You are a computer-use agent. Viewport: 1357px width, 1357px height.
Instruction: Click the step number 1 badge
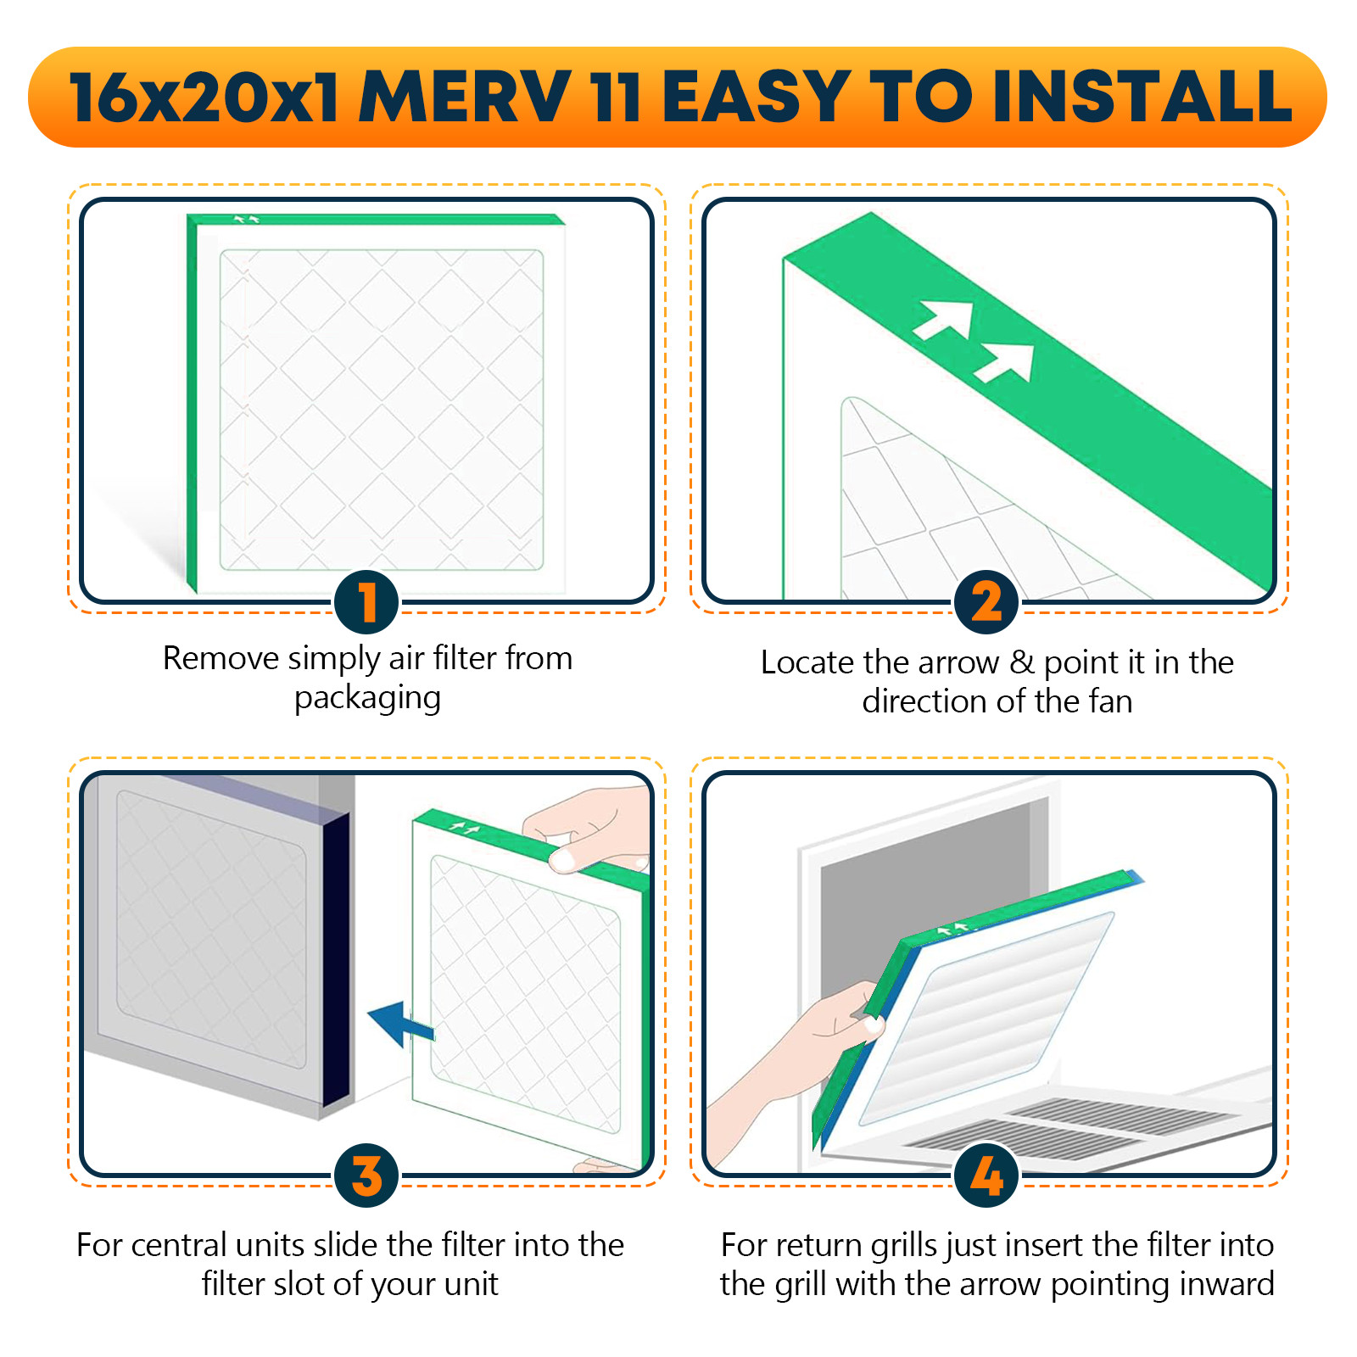point(366,602)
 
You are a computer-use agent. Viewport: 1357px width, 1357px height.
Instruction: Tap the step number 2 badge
point(986,602)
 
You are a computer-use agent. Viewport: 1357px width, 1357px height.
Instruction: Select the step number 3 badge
point(366,1176)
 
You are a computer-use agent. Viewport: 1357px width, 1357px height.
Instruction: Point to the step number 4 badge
point(986,1176)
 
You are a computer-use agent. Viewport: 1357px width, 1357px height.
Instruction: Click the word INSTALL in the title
point(1142,98)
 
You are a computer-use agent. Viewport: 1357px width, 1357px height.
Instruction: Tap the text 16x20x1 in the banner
point(204,98)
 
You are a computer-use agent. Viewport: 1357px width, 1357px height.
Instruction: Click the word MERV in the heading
point(465,98)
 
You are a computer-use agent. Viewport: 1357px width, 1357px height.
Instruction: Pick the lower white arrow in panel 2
point(1007,363)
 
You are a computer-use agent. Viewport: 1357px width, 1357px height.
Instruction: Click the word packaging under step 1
point(367,698)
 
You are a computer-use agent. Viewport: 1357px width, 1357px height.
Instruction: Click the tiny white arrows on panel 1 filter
point(246,220)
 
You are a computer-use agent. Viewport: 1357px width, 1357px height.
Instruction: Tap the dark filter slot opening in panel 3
point(337,958)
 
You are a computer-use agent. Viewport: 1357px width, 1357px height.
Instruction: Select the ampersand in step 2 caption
point(1021,662)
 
